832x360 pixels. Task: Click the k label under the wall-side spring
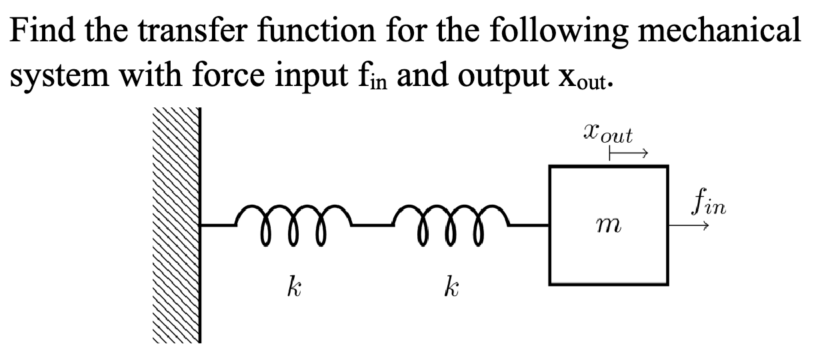point(291,288)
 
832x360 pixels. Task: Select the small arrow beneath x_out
point(626,155)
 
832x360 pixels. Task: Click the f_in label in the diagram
point(707,200)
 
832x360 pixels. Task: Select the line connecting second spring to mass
point(530,225)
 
